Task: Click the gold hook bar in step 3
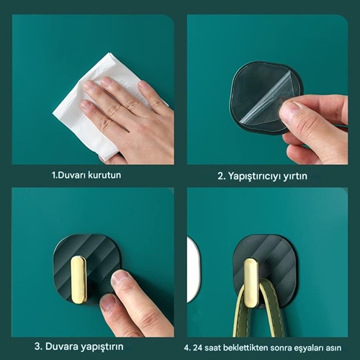tap(78, 280)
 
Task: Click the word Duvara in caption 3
tap(61, 346)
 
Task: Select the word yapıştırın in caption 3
tap(102, 347)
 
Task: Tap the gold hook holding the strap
tap(251, 283)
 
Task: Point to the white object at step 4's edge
tap(193, 269)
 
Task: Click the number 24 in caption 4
tap(198, 348)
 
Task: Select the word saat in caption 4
tap(213, 348)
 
